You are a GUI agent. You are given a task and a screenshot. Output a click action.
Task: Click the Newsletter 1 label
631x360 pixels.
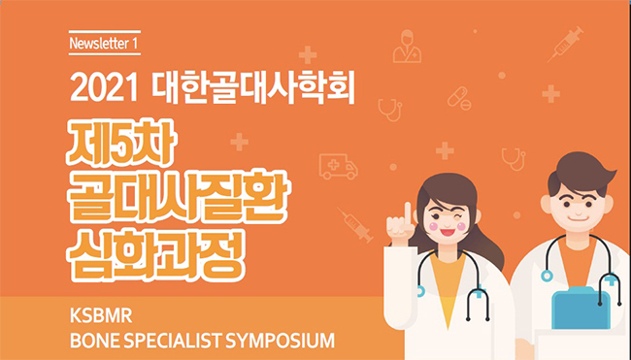104,43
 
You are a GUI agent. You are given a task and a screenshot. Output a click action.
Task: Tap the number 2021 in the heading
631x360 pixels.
104,88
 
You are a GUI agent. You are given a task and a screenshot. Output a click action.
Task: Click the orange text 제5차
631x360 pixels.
121,143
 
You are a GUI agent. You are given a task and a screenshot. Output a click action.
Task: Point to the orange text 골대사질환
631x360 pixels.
177,198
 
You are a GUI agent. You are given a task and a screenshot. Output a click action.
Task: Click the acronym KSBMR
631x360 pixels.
101,316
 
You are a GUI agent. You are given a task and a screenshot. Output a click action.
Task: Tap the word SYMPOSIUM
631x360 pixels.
280,341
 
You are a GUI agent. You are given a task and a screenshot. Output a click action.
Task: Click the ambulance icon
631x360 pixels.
338,166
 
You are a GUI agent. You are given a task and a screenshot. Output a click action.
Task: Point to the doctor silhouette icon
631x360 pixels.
407,47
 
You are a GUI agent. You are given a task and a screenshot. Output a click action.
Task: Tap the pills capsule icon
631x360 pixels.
459,99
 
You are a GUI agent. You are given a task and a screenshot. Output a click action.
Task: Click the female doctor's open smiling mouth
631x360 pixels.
448,232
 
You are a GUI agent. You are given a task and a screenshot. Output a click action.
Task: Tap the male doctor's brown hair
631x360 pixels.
581,173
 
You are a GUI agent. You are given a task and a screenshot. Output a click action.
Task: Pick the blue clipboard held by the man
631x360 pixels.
581,308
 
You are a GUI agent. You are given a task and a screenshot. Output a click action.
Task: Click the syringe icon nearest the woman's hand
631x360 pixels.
355,225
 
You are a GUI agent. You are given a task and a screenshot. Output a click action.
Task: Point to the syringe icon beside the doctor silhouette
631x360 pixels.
565,45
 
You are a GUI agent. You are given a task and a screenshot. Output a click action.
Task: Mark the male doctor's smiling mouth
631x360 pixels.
578,218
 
